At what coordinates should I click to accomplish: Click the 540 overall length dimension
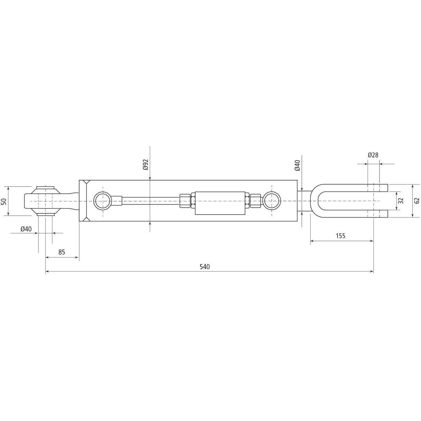tap(205, 267)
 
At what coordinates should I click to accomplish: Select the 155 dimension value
tap(340, 236)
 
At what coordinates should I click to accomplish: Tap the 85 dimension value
tap(61, 252)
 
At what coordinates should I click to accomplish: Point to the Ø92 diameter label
tap(145, 164)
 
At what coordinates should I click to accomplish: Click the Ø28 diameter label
tap(373, 155)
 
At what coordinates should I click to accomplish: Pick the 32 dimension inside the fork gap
tap(401, 201)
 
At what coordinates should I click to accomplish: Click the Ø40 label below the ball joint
tap(26, 229)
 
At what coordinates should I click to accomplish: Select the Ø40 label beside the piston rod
tap(297, 165)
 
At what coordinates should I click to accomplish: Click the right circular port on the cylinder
tap(272, 201)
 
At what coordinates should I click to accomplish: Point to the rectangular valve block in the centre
tap(220, 203)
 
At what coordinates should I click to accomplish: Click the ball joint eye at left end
tap(45, 201)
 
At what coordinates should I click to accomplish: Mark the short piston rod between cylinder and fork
tap(304, 201)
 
